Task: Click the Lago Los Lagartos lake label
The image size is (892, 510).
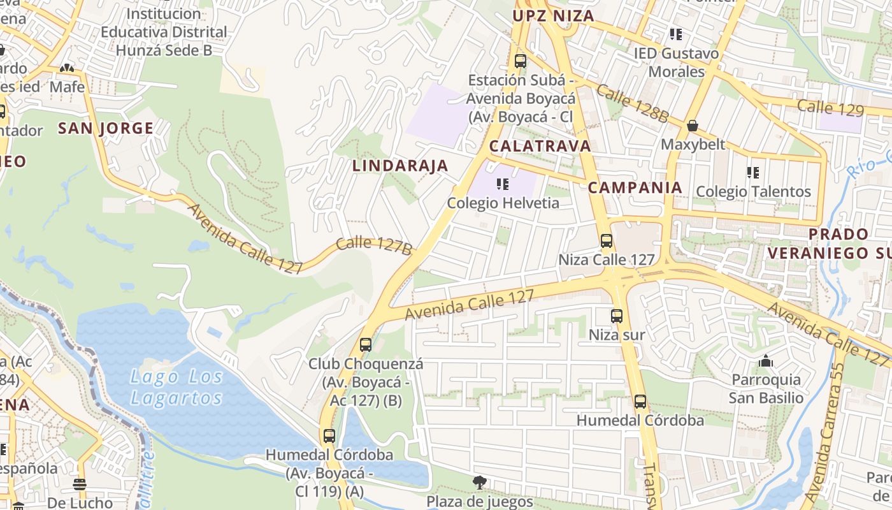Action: (176, 388)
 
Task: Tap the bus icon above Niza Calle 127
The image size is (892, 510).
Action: (606, 241)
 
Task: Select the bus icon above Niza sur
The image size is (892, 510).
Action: (616, 316)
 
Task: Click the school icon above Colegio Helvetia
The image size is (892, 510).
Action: (503, 185)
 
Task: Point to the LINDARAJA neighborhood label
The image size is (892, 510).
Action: (400, 166)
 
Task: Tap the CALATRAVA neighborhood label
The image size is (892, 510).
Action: (540, 146)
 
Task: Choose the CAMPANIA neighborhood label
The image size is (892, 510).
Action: (635, 187)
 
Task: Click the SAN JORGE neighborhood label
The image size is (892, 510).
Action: (106, 128)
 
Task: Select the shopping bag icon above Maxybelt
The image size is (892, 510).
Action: (693, 126)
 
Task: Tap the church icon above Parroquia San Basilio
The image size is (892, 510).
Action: (766, 361)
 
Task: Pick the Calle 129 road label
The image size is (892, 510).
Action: (831, 108)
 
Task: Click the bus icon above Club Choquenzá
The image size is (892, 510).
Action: (365, 345)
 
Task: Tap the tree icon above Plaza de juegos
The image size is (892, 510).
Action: (480, 483)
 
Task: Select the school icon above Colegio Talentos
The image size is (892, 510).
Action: (753, 172)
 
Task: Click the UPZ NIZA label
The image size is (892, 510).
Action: (553, 16)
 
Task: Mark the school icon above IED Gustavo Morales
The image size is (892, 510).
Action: (675, 34)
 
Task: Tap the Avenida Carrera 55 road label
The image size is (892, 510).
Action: (826, 433)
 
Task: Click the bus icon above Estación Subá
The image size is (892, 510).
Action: (521, 61)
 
